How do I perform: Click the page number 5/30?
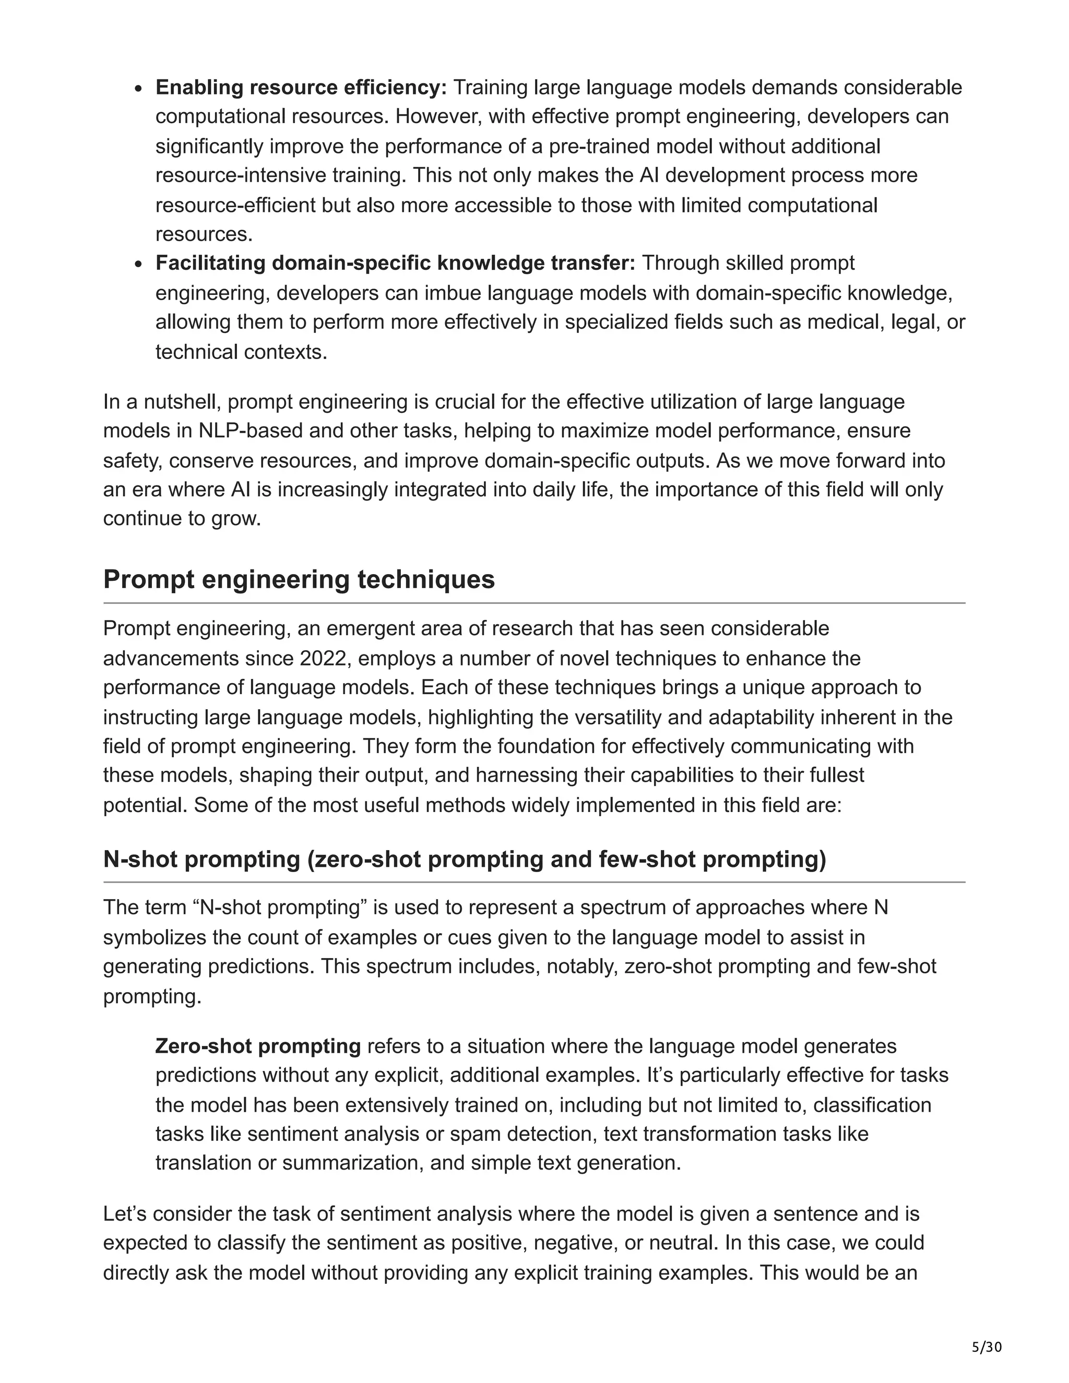(x=987, y=1346)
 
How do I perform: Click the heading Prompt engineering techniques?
(x=299, y=579)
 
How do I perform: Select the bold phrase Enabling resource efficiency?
(x=302, y=87)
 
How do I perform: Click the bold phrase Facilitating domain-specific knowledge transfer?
(x=395, y=263)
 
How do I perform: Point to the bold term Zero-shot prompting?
(x=258, y=1046)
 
